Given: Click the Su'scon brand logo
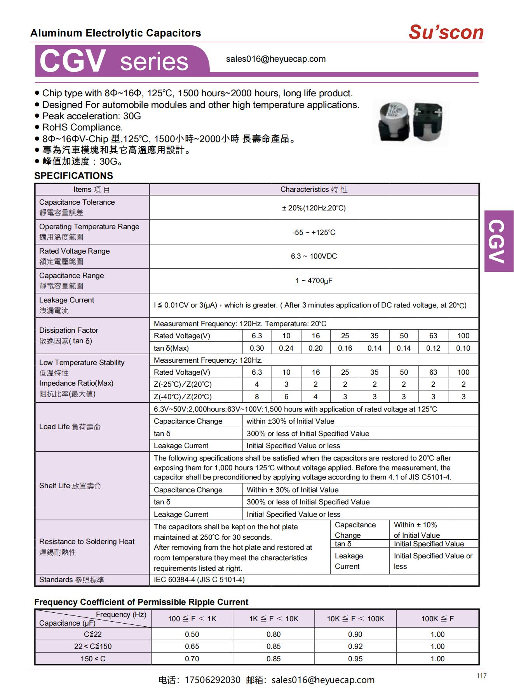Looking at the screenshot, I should (446, 32).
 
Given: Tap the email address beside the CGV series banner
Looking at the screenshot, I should (276, 59).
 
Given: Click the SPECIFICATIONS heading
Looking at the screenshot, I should (73, 176).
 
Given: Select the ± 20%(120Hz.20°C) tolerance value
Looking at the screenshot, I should (314, 208).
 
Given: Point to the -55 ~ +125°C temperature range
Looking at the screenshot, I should (314, 233).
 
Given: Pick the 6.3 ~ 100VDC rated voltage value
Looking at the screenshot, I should (314, 256).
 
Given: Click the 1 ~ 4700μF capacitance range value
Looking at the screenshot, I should (314, 281).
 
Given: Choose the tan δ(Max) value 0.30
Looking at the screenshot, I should (257, 348).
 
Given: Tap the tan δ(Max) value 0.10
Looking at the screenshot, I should (463, 348).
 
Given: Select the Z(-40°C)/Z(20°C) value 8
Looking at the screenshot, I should (257, 397).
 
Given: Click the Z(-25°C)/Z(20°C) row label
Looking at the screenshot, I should (183, 384).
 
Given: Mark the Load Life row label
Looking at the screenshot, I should (70, 427).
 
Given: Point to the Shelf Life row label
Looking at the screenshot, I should (70, 486).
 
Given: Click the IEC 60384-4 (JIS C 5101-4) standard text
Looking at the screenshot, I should (199, 580).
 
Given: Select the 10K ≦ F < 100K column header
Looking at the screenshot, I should (355, 619).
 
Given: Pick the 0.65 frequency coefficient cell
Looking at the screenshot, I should (192, 647).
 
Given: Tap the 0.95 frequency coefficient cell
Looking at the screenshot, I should (355, 659).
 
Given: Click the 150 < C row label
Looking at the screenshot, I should (93, 659).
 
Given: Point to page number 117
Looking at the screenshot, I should (481, 676).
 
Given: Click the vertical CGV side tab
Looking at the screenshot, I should (498, 241).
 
